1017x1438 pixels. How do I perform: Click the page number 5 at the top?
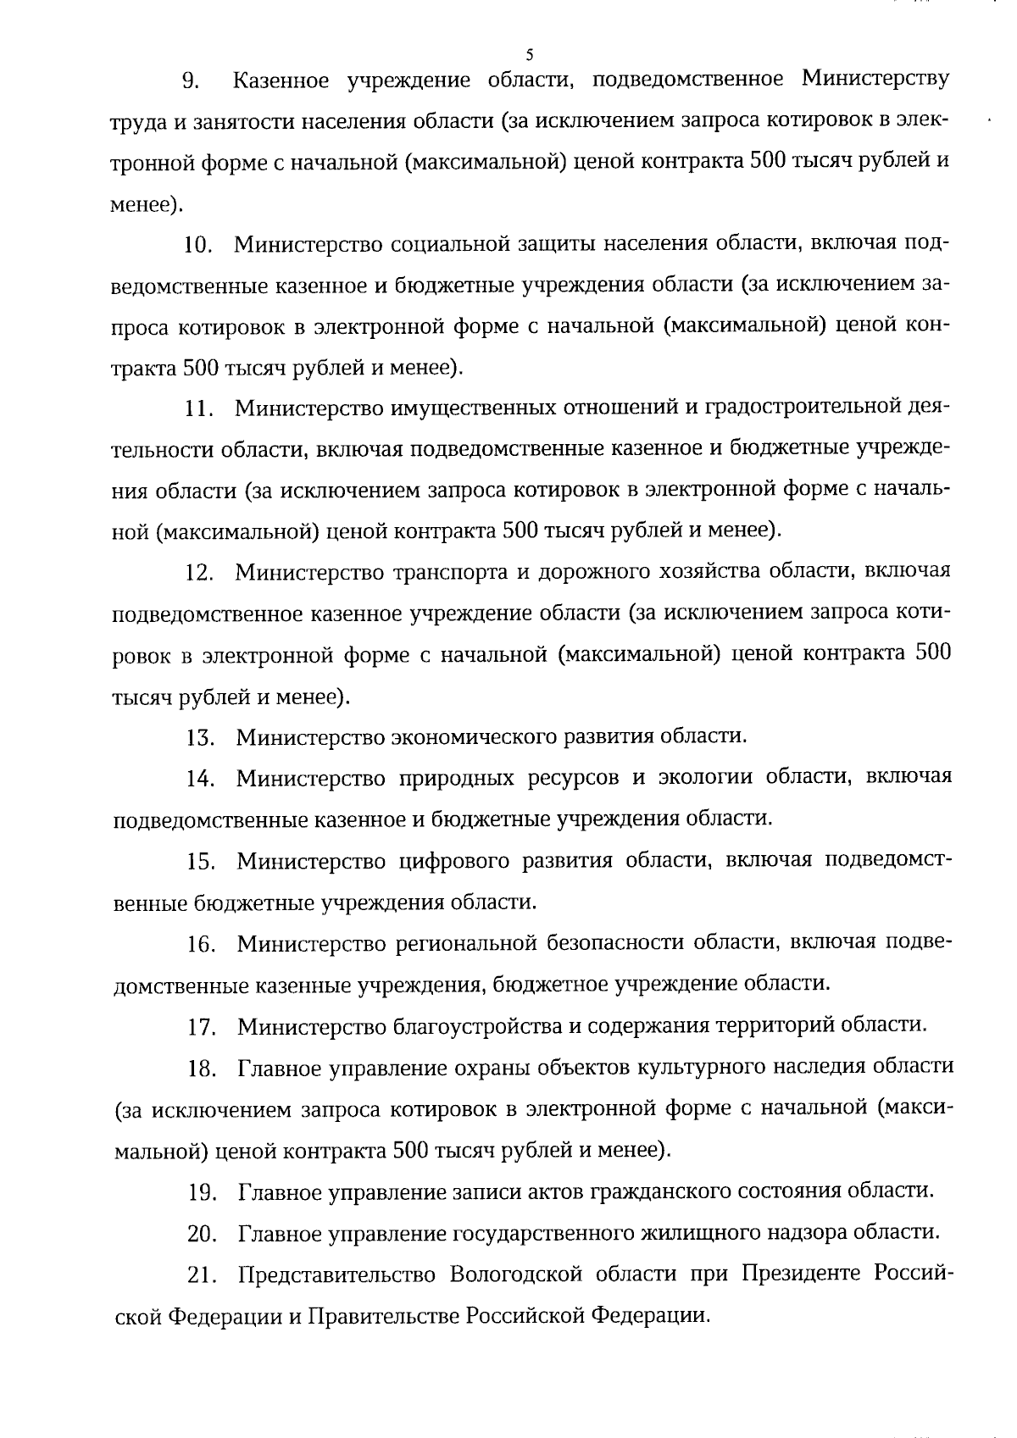click(x=529, y=55)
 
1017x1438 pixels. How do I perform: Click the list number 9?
click(x=192, y=81)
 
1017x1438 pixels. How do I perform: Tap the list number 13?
click(x=200, y=737)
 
